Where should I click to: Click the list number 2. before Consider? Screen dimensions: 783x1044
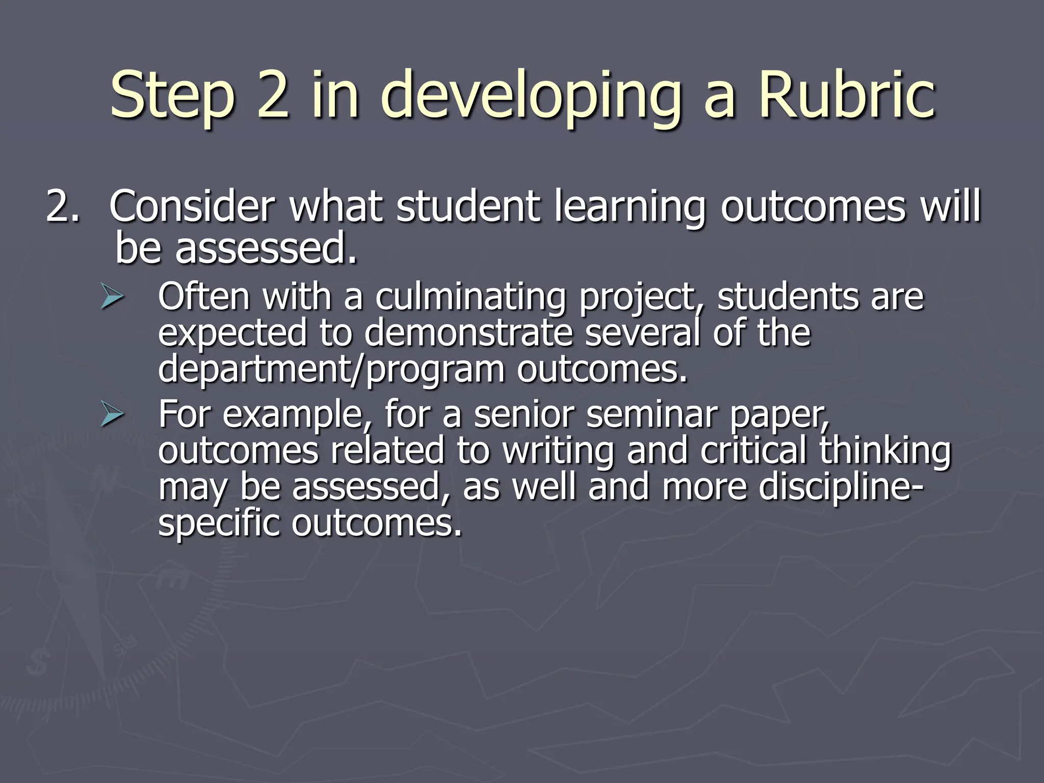pos(63,207)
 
